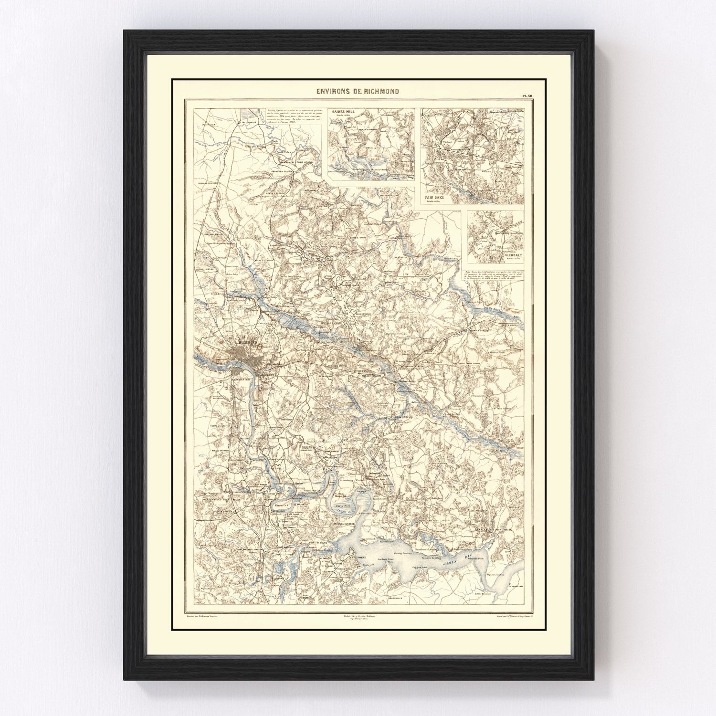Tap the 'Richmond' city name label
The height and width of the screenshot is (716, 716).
[x=247, y=342]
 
